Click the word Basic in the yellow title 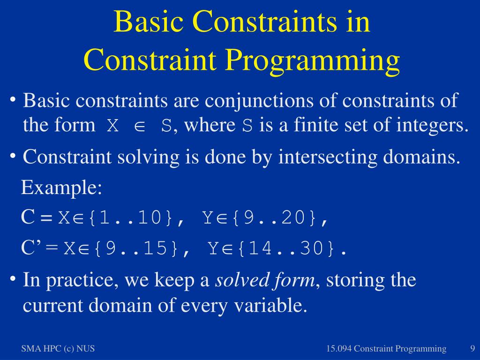[x=149, y=22]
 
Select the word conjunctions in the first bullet [x=259, y=100]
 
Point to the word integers [x=432, y=125]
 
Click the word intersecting [x=328, y=157]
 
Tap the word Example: [x=61, y=187]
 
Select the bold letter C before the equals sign [x=28, y=217]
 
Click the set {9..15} [x=136, y=248]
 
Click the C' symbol [x=30, y=247]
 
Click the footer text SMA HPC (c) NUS [x=58, y=348]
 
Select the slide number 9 [x=472, y=348]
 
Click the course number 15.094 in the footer [x=338, y=348]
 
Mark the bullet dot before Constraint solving [x=13, y=156]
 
